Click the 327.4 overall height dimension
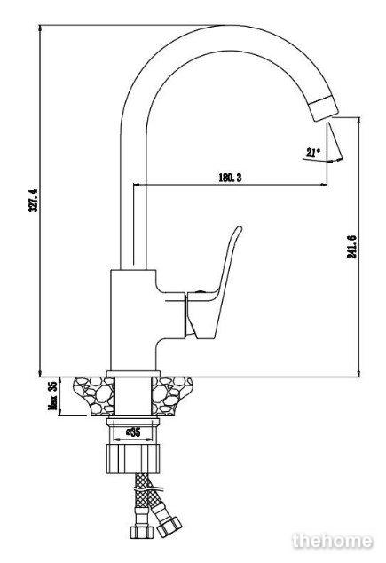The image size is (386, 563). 33,200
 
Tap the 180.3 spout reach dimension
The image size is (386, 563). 230,177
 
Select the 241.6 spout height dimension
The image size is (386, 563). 351,247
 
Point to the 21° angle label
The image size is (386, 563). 313,153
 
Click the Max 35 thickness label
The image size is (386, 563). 52,396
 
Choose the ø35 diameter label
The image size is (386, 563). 133,432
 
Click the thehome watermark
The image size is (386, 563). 333,541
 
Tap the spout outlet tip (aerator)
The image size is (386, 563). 324,109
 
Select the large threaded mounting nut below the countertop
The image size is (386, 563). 133,459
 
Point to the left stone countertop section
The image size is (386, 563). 94,396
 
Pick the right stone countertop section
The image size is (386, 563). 172,396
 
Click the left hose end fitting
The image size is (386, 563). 142,532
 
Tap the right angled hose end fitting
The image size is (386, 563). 169,526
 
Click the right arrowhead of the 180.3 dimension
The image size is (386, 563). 324,185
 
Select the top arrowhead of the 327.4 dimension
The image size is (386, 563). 40,28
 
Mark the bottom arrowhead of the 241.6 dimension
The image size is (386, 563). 358,374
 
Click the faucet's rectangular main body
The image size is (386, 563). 133,320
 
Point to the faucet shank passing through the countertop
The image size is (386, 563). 133,396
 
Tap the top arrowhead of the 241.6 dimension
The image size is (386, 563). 358,121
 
